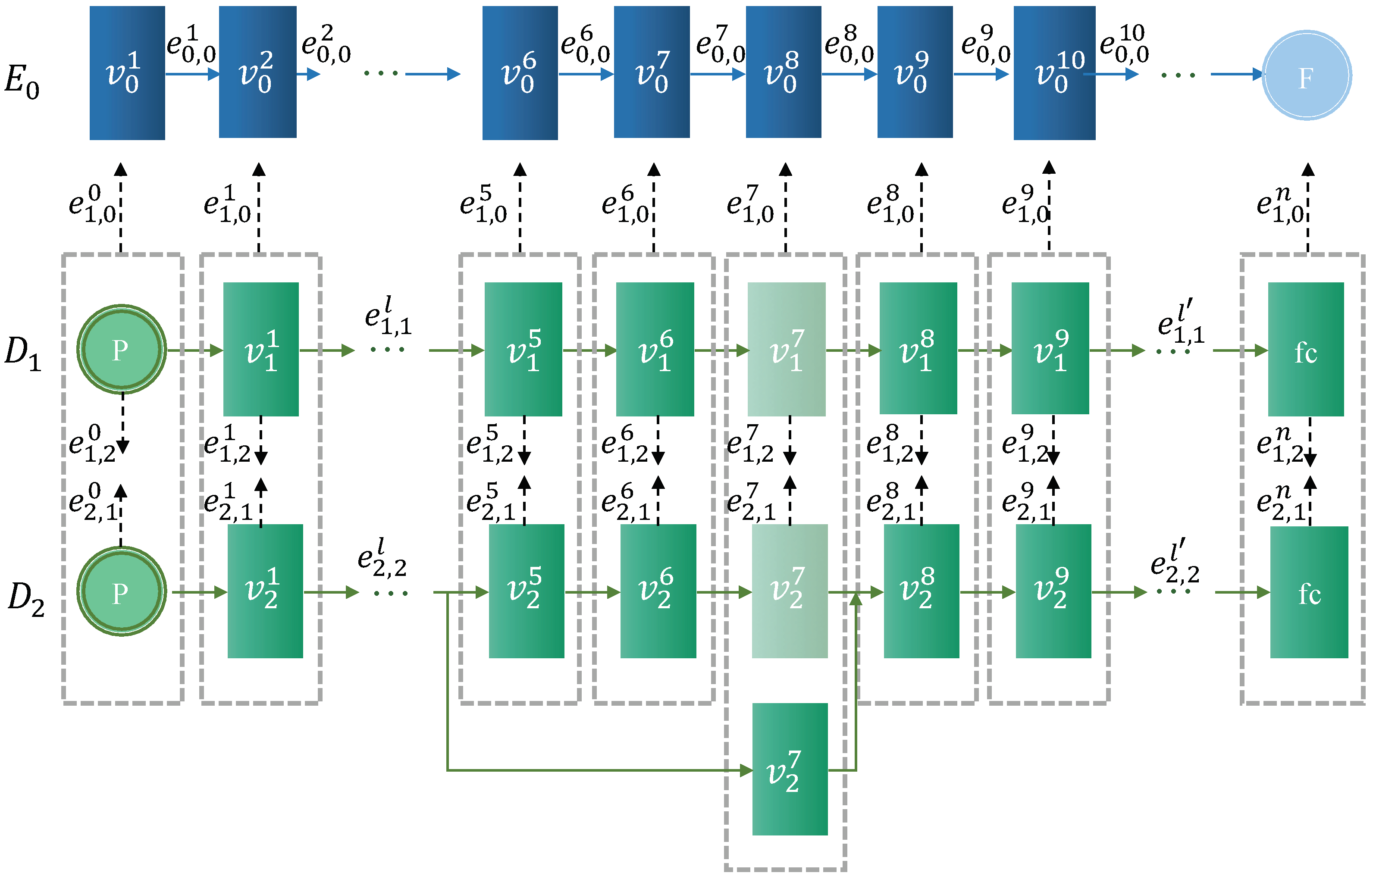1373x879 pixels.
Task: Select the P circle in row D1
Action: (x=122, y=349)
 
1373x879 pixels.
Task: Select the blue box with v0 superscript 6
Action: (x=520, y=73)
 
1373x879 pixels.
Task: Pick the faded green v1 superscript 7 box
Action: (x=786, y=349)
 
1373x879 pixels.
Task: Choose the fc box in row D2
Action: (x=1308, y=592)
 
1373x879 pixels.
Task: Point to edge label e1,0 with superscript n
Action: (x=1281, y=204)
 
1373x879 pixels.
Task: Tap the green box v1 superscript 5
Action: (x=523, y=349)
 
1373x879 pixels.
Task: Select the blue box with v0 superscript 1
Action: (x=127, y=73)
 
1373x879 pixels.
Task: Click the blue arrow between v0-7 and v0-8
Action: (x=717, y=74)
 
